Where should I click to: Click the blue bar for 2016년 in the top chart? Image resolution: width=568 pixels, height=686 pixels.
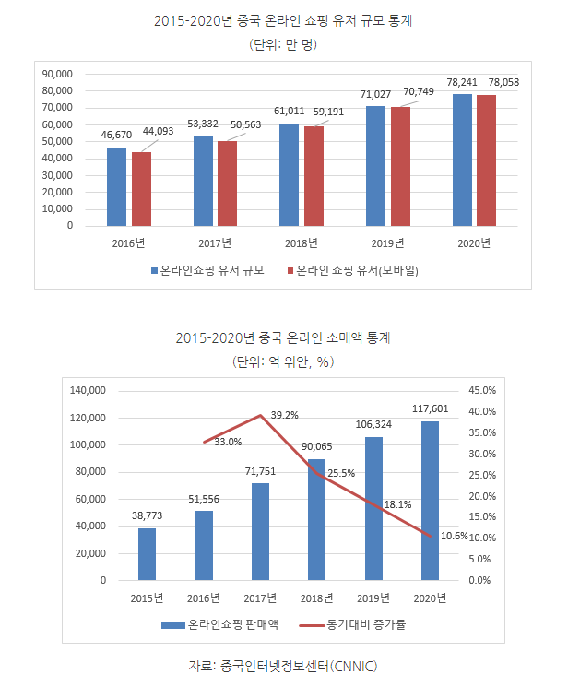(116, 186)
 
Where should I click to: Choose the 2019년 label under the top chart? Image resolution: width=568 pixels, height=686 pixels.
(387, 243)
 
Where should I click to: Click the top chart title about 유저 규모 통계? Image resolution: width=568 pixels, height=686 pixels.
(283, 20)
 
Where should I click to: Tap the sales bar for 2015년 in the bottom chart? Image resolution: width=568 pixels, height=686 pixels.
(148, 554)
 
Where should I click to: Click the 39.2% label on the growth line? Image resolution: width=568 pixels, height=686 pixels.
(284, 416)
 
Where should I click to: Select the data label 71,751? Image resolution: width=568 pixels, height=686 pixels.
(259, 470)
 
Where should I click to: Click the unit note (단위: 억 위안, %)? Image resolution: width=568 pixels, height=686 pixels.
(283, 361)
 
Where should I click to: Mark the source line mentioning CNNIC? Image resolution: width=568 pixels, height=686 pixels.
(283, 666)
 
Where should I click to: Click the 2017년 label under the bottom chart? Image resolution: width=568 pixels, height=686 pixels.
(260, 598)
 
